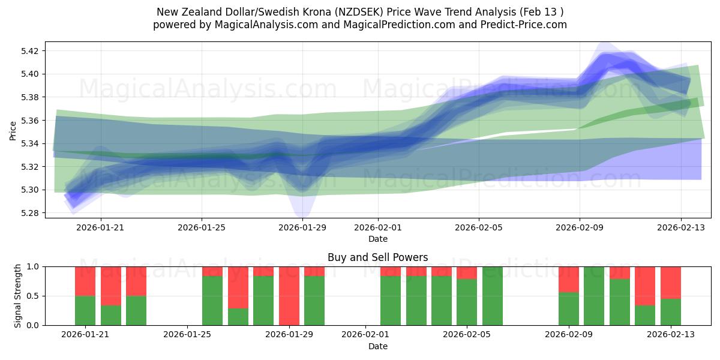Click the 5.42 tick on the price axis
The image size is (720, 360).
tap(30, 51)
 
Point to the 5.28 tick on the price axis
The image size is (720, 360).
tap(30, 213)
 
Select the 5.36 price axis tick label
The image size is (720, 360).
tap(30, 121)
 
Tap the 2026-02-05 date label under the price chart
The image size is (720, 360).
tap(479, 227)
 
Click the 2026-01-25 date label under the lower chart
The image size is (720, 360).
tap(188, 335)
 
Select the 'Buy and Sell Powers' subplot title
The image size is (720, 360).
tap(377, 257)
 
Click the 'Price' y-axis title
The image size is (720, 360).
tap(13, 130)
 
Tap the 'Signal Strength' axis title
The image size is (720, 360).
tap(18, 296)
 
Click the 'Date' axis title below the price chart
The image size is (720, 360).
tap(377, 239)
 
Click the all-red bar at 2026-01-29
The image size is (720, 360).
tap(289, 296)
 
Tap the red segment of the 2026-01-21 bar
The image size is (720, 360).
tap(85, 281)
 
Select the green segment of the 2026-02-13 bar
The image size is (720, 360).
tap(671, 312)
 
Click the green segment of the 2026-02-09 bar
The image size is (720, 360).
tap(569, 309)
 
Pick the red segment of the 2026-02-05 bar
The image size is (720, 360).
tap(467, 272)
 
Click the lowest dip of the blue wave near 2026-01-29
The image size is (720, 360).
tap(301, 215)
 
